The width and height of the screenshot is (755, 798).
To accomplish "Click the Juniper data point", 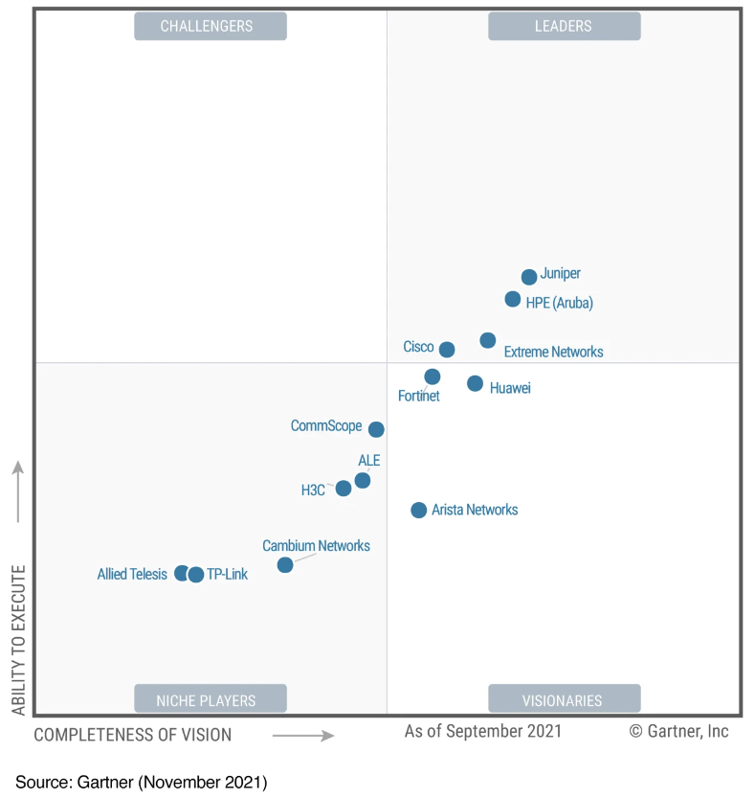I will tap(529, 277).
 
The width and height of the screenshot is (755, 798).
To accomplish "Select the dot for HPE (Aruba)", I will tap(513, 300).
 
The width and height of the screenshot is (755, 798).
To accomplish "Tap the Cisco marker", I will tap(447, 350).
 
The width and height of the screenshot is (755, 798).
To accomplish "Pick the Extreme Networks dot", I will tap(488, 340).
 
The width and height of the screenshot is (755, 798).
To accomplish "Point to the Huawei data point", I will tap(475, 383).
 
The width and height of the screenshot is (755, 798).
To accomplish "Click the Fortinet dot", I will tap(433, 376).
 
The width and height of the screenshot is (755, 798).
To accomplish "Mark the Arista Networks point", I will tap(418, 511).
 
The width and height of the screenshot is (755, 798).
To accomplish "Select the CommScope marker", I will tap(376, 429).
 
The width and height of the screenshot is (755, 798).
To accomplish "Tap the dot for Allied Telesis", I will tap(182, 574).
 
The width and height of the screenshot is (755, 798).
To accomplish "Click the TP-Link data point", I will tap(196, 575).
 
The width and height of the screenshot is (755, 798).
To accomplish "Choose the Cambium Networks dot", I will tap(285, 565).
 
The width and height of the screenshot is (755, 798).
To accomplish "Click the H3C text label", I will tap(313, 490).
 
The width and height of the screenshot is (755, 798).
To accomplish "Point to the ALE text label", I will tap(369, 461).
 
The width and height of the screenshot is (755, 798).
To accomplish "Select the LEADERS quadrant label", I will tap(564, 26).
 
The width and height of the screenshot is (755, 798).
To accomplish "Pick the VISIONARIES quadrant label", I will tap(564, 699).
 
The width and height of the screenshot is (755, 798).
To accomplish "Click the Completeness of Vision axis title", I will tap(133, 735).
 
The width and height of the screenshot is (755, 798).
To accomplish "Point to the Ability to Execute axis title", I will tap(18, 640).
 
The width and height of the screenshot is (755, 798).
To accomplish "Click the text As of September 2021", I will tap(483, 731).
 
